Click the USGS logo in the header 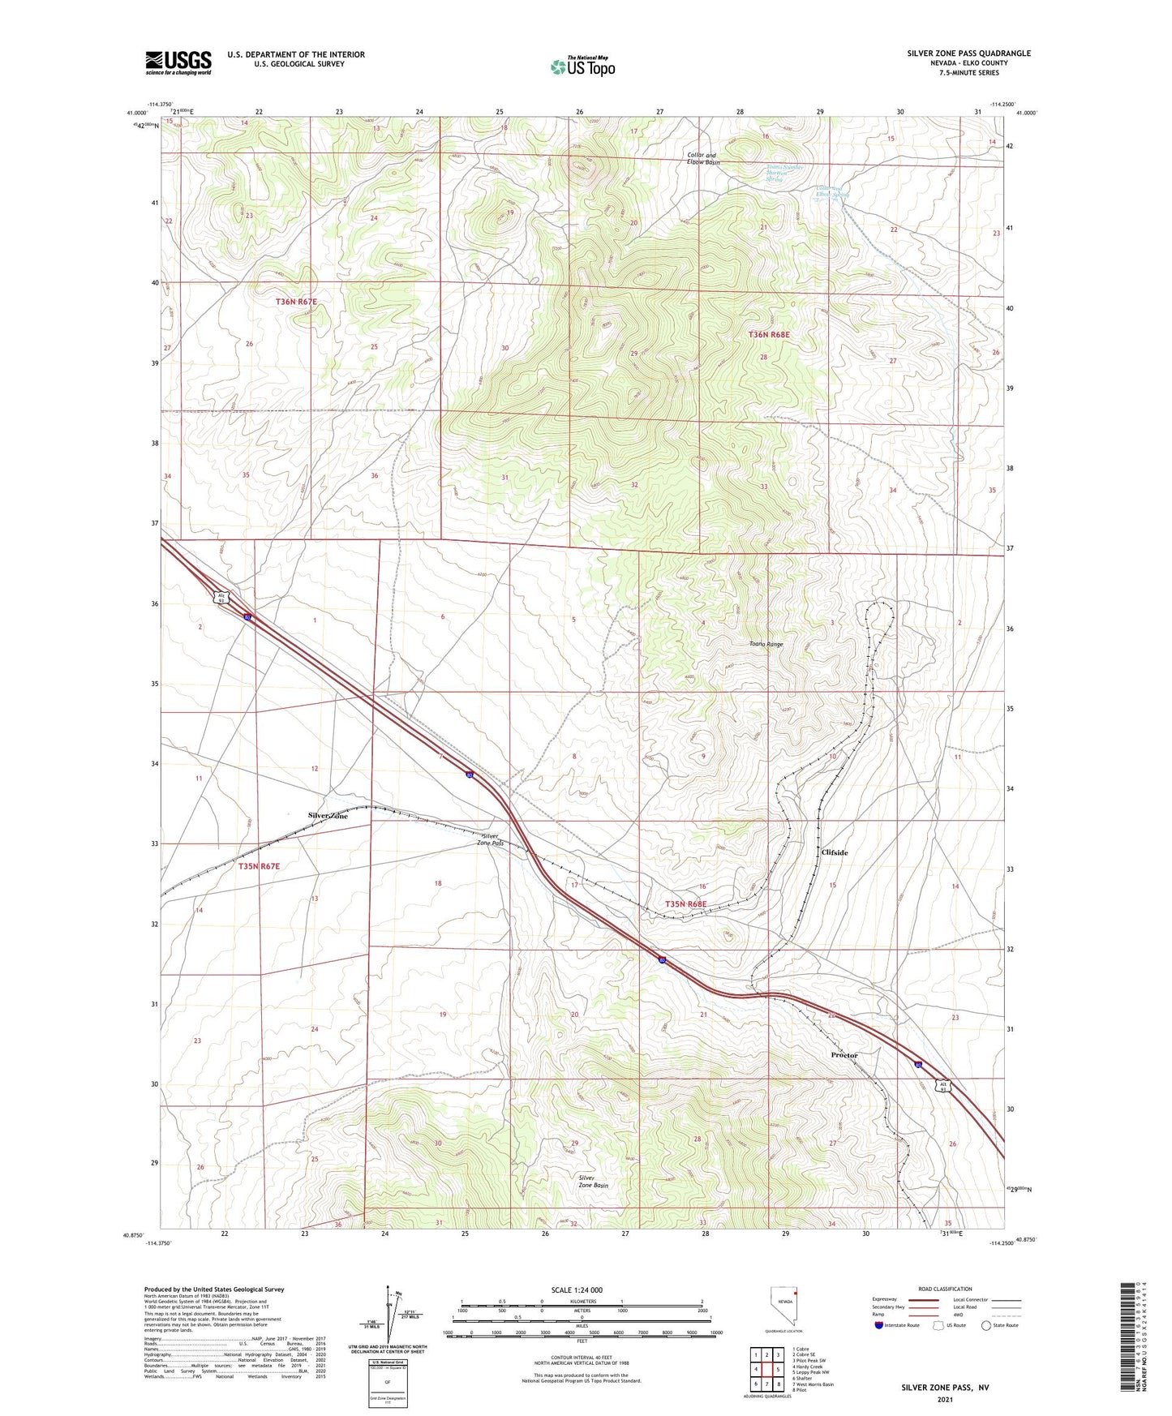[x=178, y=62]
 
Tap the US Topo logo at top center [x=582, y=67]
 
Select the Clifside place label [x=835, y=852]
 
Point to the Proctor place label [x=844, y=1055]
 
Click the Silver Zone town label [x=328, y=816]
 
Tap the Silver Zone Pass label [x=493, y=839]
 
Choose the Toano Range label [x=766, y=644]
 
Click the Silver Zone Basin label [x=593, y=1181]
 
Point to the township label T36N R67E [x=296, y=302]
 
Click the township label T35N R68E [x=686, y=903]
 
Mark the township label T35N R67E [x=259, y=866]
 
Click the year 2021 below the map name [x=944, y=1400]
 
